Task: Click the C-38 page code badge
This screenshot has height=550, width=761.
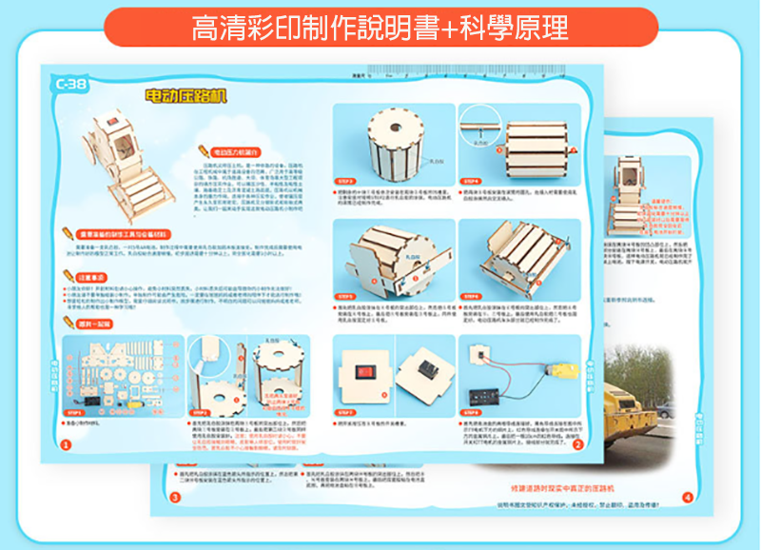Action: [70, 84]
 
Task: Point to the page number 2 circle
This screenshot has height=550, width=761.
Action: [577, 444]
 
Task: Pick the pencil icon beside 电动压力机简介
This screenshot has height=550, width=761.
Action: [204, 150]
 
